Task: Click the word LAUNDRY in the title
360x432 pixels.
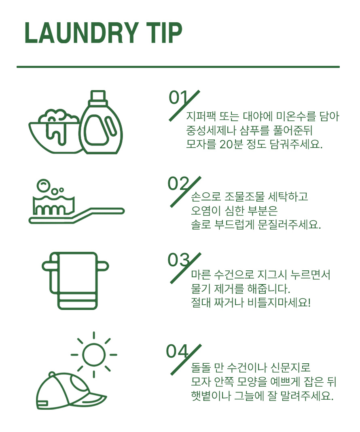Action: point(81,33)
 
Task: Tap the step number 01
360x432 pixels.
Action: point(178,97)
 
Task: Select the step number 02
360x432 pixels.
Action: point(178,183)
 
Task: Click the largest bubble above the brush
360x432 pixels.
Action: point(43,185)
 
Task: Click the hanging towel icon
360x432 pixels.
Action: point(75,281)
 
